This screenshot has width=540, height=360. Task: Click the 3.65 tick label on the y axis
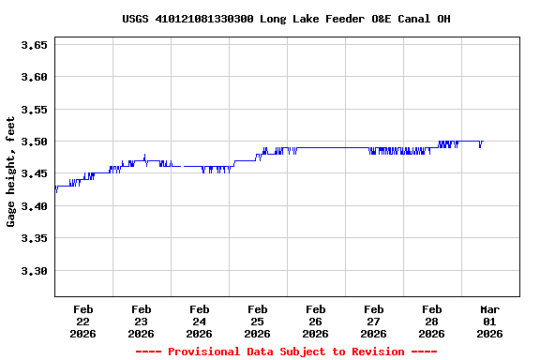pyautogui.click(x=34, y=45)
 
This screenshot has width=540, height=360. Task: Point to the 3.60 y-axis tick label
pyautogui.click(x=34, y=77)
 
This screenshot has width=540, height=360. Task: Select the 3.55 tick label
pyautogui.click(x=34, y=110)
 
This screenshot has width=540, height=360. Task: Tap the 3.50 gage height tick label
pyautogui.click(x=34, y=142)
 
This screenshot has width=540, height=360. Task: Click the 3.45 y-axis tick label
pyautogui.click(x=34, y=174)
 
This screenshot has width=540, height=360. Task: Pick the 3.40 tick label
pyautogui.click(x=34, y=206)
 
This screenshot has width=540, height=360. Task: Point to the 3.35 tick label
pyautogui.click(x=34, y=239)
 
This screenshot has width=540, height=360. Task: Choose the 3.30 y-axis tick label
pyautogui.click(x=34, y=271)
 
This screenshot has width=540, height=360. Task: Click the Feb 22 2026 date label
pyautogui.click(x=82, y=321)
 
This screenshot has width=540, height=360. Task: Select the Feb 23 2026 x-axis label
pyautogui.click(x=141, y=321)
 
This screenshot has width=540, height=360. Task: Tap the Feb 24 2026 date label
pyautogui.click(x=199, y=321)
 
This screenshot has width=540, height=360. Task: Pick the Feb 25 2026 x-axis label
pyautogui.click(x=257, y=321)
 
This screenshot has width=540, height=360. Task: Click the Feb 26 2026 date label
pyautogui.click(x=315, y=321)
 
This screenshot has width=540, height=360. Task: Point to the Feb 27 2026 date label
pyautogui.click(x=373, y=321)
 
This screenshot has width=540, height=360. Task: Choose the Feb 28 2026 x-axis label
pyautogui.click(x=431, y=321)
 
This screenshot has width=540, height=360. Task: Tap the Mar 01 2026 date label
pyautogui.click(x=489, y=321)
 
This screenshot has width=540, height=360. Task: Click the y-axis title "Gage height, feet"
pyautogui.click(x=11, y=172)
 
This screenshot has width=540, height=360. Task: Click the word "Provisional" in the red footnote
pyautogui.click(x=203, y=352)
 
